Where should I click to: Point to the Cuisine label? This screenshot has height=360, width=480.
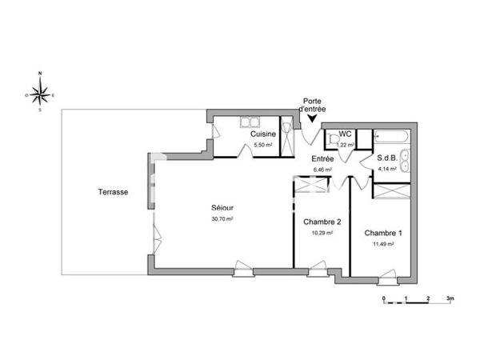(x=263, y=135)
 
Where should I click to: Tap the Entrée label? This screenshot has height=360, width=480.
(x=322, y=158)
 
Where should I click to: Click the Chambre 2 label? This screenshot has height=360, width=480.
(x=322, y=222)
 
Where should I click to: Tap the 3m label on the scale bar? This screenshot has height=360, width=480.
(x=450, y=298)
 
